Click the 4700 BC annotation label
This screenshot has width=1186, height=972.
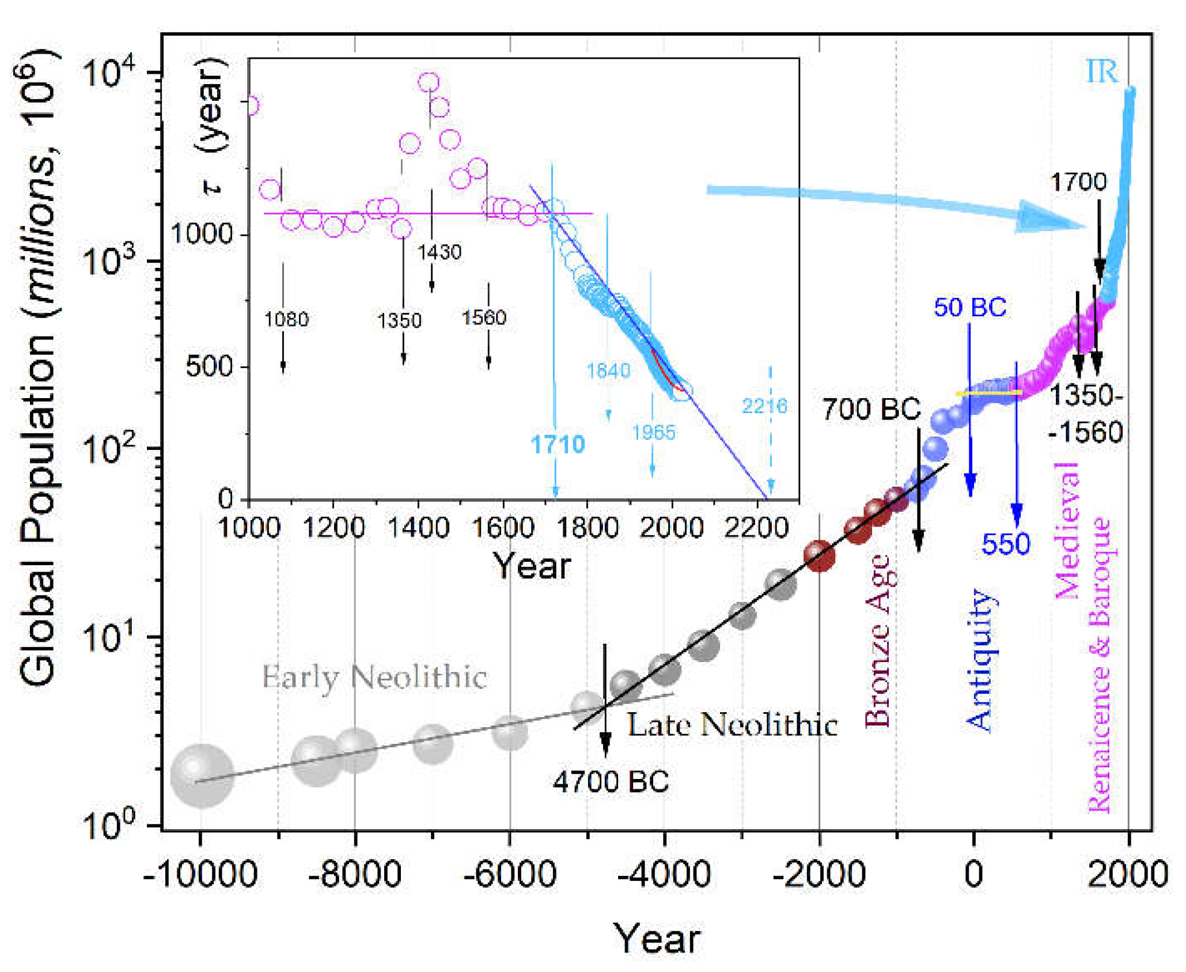click(x=611, y=782)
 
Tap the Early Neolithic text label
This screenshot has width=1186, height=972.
click(x=374, y=677)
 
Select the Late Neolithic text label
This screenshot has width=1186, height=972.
click(x=732, y=725)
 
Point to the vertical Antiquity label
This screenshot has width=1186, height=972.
click(x=979, y=660)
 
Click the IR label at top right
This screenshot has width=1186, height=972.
click(x=1101, y=71)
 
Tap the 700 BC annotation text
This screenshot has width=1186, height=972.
click(x=871, y=410)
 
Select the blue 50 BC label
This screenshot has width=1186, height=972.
click(x=970, y=307)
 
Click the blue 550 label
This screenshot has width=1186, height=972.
click(x=1006, y=544)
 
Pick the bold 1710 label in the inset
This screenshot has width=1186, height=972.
click(x=557, y=444)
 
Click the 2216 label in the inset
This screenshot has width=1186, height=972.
click(x=764, y=406)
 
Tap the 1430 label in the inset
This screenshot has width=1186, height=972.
click(x=439, y=252)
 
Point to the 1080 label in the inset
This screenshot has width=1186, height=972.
click(x=286, y=319)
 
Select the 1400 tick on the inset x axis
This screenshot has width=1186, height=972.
click(x=418, y=528)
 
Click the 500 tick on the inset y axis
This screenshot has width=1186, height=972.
click(x=209, y=366)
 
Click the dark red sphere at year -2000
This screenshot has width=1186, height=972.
click(x=819, y=556)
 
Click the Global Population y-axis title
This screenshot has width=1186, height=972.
click(x=37, y=369)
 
